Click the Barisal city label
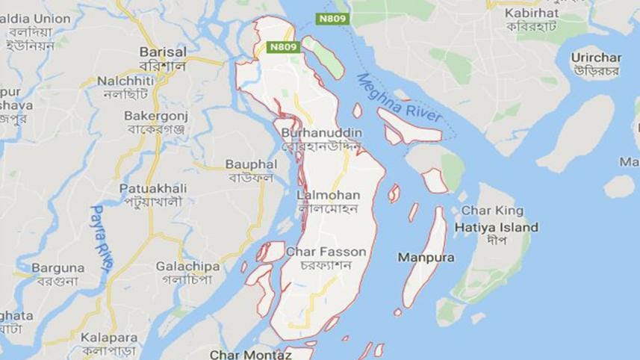pyautogui.click(x=163, y=52)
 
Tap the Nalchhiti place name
pyautogui.click(x=125, y=80)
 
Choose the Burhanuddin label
pyautogui.click(x=322, y=132)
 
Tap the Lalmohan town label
pyautogui.click(x=329, y=195)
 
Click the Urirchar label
pyautogui.click(x=597, y=58)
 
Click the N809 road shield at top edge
pyautogui.click(x=332, y=18)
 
